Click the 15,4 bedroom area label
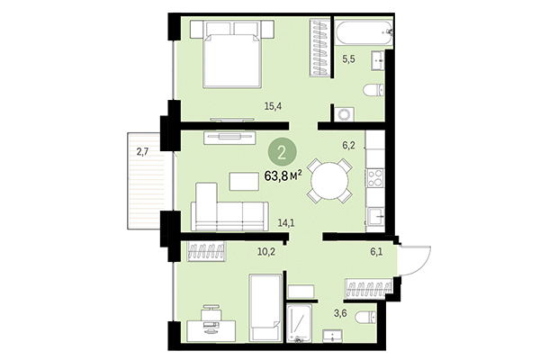coord(274,106)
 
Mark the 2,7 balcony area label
coord(142,152)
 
